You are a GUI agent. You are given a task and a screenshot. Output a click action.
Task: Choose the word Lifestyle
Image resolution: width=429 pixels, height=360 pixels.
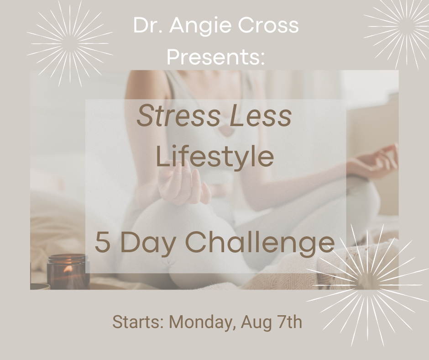[x=214, y=157]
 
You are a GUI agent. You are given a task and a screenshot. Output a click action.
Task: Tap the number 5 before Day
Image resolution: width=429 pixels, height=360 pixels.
[x=102, y=243]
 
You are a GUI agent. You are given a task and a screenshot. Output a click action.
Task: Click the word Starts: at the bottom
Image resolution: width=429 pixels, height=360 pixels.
[x=138, y=323]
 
